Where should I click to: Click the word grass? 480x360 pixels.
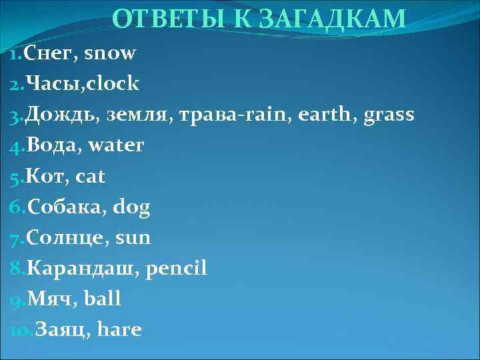tap(389, 115)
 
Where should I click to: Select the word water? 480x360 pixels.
tap(116, 145)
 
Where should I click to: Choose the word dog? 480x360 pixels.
tap(131, 207)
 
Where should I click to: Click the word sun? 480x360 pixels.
tap(133, 238)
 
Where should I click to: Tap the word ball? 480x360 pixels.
tap(103, 299)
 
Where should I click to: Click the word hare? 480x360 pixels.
tap(119, 330)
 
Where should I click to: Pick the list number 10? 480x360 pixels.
tap(19, 330)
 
